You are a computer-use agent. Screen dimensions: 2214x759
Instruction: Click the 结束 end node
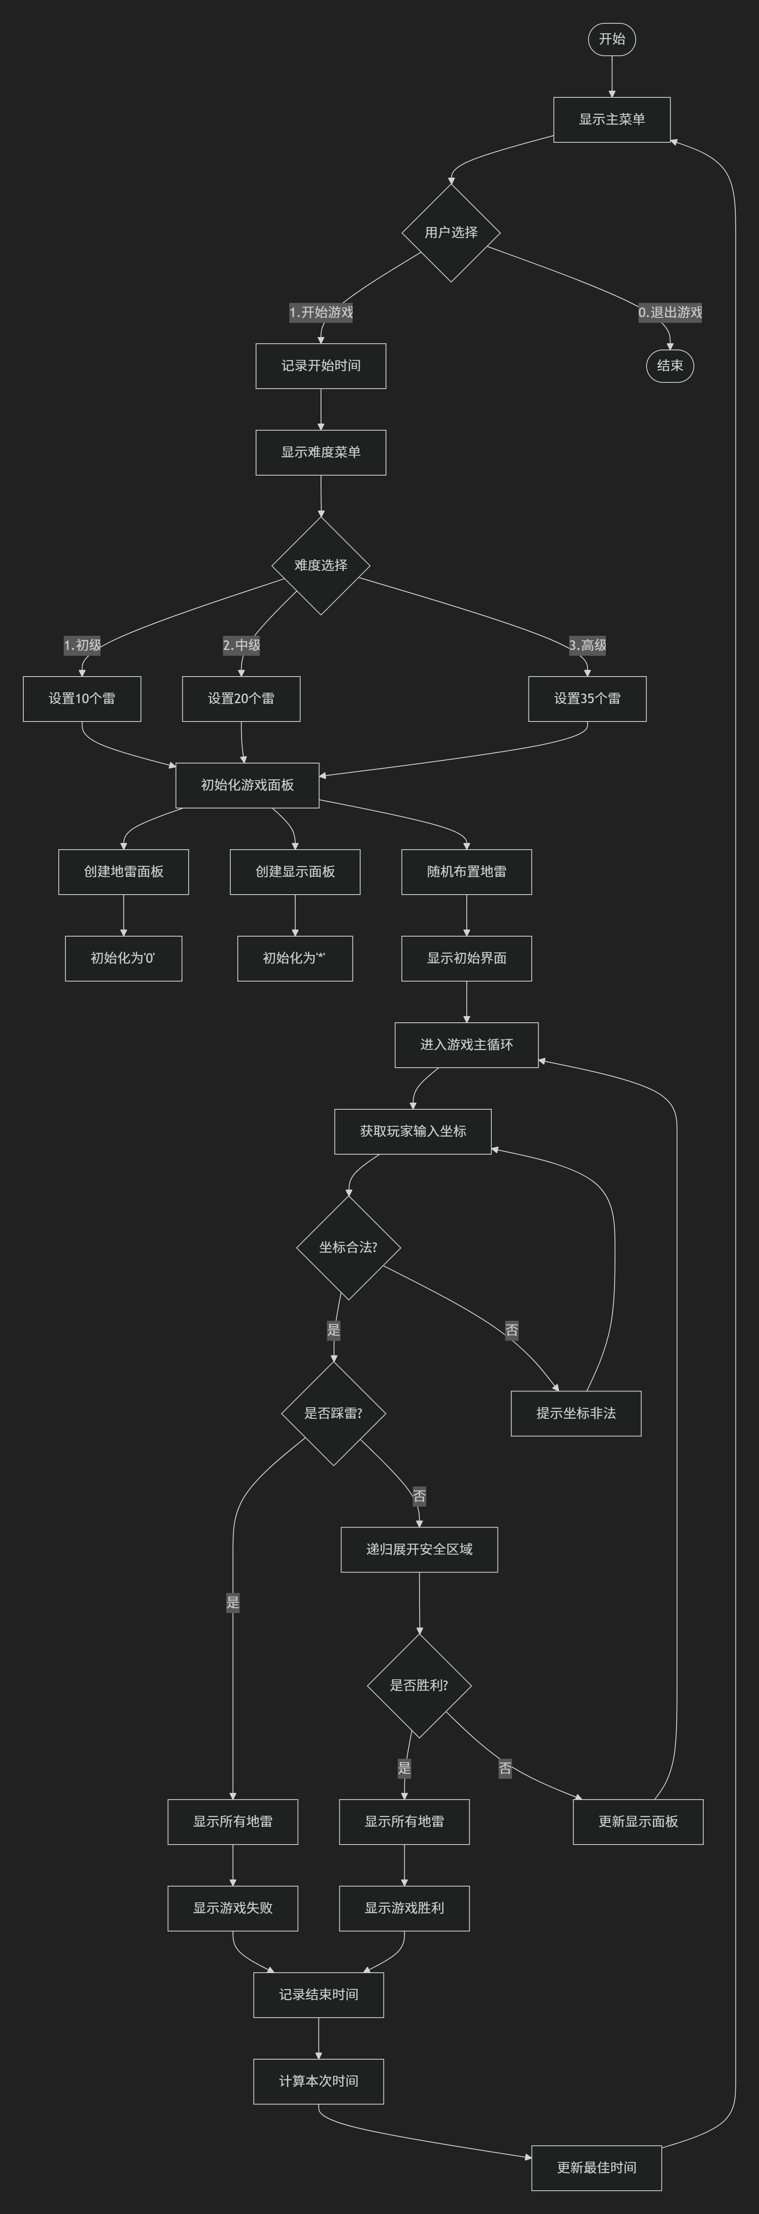coord(669,365)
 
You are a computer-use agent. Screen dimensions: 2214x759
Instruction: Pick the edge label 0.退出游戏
coord(669,312)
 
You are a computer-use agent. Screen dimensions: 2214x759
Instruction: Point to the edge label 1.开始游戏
coord(321,312)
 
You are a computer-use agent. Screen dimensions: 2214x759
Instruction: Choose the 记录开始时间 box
coord(321,366)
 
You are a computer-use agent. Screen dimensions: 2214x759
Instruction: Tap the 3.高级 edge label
coord(587,645)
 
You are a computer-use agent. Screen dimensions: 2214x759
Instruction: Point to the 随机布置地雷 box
coord(467,872)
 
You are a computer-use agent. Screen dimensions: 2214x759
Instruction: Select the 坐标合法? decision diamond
coord(348,1247)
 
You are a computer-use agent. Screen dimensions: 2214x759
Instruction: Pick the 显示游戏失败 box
coord(233,1908)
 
